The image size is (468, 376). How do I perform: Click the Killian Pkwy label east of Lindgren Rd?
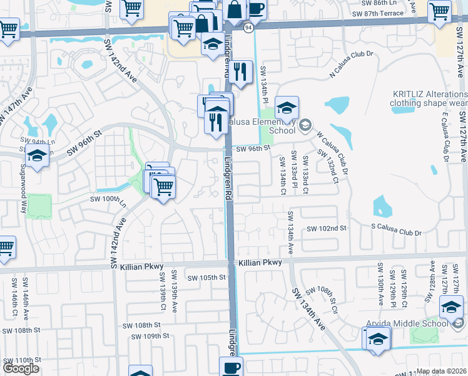(260, 263)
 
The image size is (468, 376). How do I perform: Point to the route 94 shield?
(248, 28)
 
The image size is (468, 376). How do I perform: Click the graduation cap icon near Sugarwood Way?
(37, 157)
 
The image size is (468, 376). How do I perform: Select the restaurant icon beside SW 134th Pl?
(240, 72)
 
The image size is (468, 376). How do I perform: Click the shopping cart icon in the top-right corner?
(439, 11)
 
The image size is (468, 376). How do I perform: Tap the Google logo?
(21, 368)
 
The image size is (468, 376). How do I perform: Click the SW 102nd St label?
(326, 229)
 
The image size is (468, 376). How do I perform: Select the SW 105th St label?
(206, 278)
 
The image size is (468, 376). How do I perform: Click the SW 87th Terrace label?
(378, 13)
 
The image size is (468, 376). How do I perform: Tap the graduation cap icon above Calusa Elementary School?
(287, 108)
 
